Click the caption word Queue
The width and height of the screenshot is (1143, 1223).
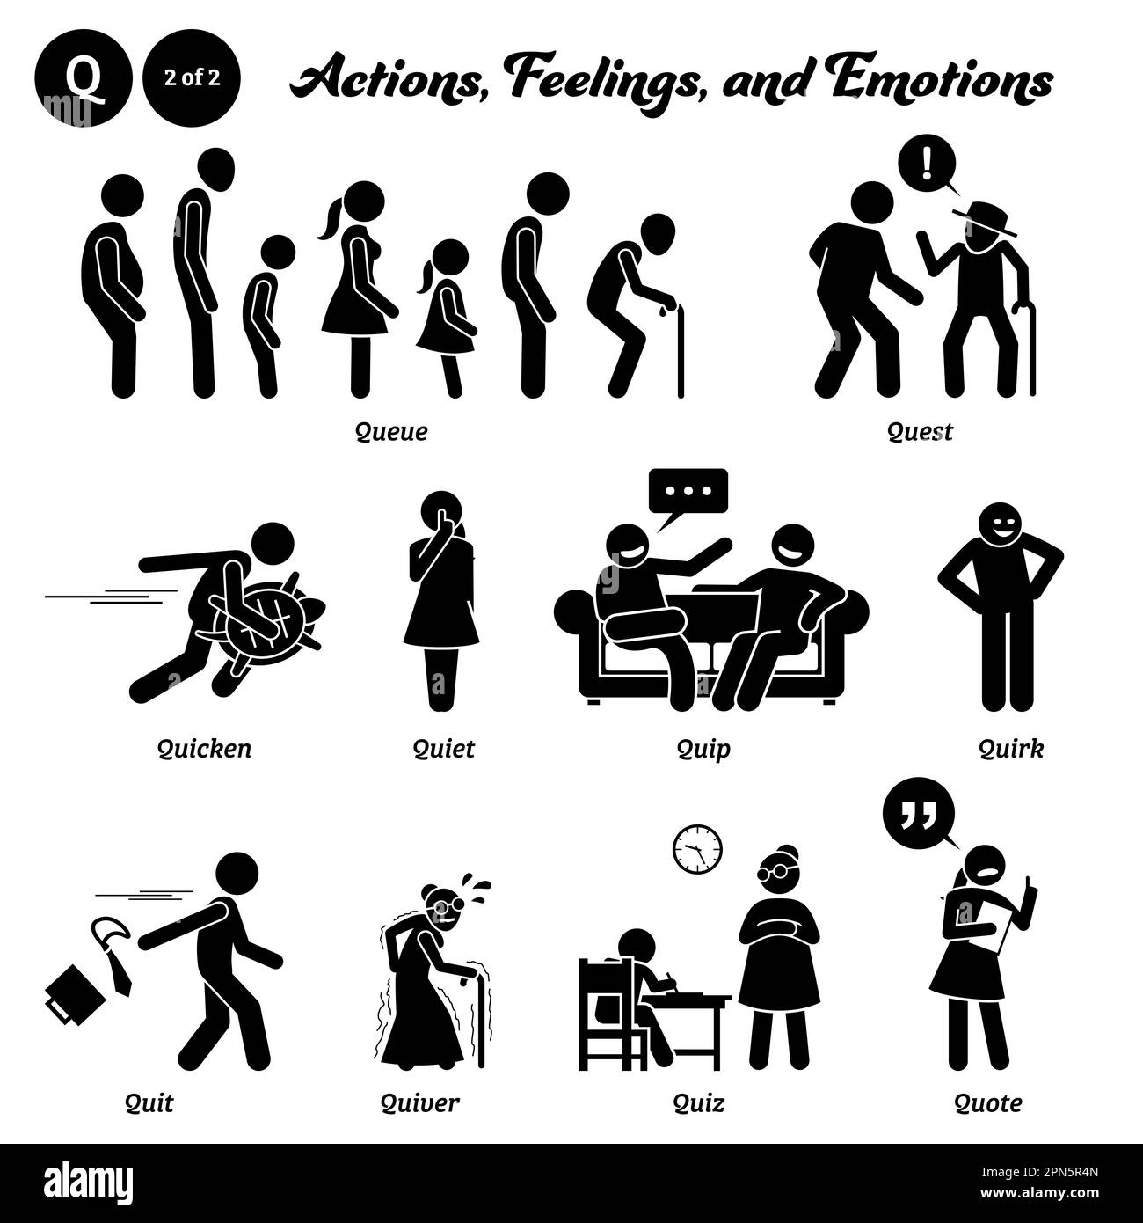coord(391,431)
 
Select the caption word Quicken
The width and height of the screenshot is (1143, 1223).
coord(204,748)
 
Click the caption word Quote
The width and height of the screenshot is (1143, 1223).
coord(988,1102)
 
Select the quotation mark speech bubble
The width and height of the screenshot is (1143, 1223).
coord(916,811)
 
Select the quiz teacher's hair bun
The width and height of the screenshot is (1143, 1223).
coord(787,851)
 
